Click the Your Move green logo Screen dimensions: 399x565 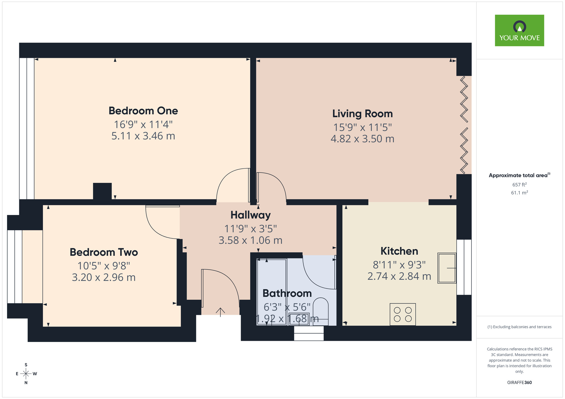519,30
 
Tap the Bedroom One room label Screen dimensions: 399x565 143,111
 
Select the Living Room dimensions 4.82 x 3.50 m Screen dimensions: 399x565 362,139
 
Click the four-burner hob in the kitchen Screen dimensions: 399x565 403,314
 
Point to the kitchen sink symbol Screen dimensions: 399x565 447,268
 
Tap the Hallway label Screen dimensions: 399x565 251,215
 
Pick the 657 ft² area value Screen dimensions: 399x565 519,185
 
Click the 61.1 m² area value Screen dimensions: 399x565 519,193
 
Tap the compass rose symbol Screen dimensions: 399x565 26,374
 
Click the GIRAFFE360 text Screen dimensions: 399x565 519,383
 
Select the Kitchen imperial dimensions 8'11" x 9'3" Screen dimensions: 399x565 399,265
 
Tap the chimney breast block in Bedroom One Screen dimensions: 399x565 102,191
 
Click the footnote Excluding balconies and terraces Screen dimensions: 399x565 519,327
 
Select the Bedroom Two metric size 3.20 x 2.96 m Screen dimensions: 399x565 104,278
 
